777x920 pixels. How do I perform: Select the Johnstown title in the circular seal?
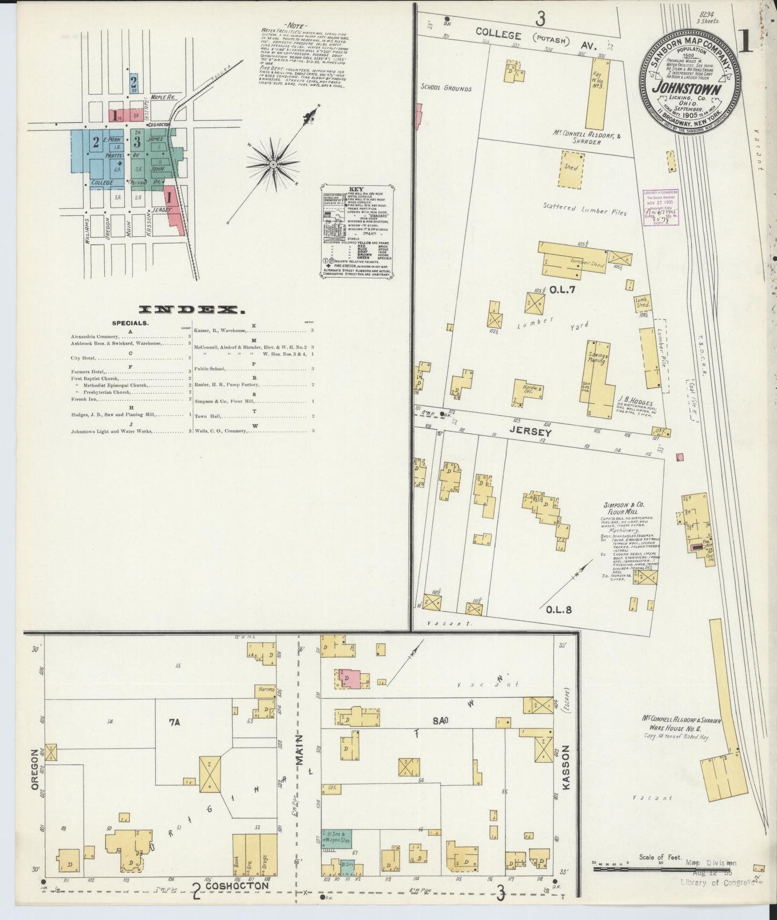coord(687,88)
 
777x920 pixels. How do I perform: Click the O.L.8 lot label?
coord(558,610)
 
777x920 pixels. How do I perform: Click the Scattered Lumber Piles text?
coord(584,209)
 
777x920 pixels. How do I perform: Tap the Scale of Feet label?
coord(660,857)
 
